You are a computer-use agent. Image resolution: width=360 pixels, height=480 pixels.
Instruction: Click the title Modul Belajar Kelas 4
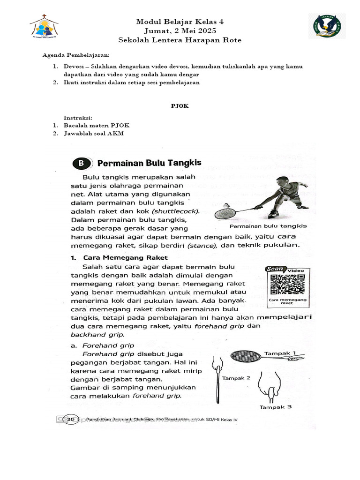[180, 22]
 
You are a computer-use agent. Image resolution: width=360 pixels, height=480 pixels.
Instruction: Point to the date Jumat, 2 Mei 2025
[180, 31]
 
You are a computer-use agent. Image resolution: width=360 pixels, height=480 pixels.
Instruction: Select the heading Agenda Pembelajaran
[76, 55]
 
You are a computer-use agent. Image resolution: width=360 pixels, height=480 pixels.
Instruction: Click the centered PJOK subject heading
[180, 106]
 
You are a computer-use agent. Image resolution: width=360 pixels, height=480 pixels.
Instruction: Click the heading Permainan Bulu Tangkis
[149, 163]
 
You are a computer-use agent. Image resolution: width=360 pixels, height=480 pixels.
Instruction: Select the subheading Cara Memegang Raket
[125, 257]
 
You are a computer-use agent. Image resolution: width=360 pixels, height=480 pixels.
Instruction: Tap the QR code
[286, 285]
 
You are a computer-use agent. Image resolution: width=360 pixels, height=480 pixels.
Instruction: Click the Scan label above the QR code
[275, 269]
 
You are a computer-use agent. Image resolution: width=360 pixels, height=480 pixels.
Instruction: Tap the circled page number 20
[71, 419]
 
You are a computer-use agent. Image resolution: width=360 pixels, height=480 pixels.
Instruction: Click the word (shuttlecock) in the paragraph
[180, 211]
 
